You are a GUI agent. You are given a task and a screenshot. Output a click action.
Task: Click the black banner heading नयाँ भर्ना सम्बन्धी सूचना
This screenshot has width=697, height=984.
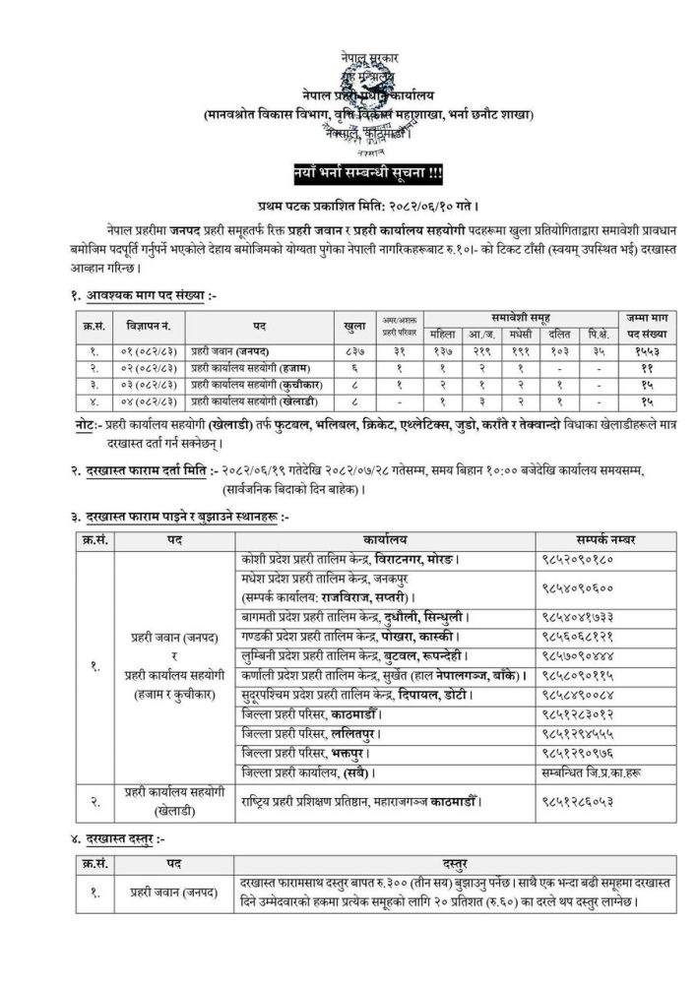[x=348, y=178]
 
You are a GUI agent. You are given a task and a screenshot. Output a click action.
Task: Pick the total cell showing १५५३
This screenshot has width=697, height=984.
[x=640, y=351]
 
